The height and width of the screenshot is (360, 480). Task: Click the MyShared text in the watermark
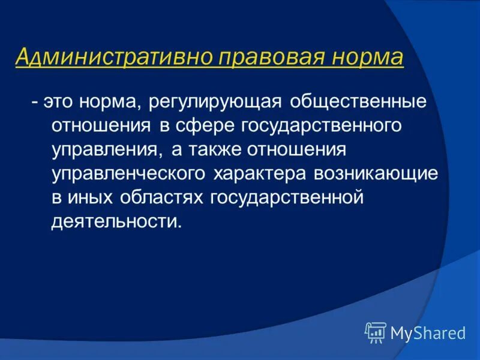pyautogui.click(x=427, y=333)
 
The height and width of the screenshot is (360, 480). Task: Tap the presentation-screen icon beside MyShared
pyautogui.click(x=376, y=332)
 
